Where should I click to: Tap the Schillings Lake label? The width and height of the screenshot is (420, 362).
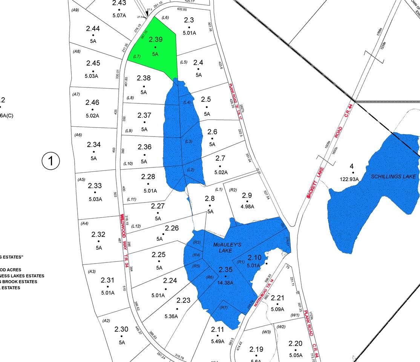(394, 176)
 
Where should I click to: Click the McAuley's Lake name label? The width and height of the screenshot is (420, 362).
(227, 247)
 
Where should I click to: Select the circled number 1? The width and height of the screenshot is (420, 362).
(51, 161)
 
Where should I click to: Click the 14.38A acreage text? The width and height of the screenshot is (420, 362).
(226, 282)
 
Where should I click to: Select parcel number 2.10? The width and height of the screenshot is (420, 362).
(254, 258)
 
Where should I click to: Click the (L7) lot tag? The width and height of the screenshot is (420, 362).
(137, 56)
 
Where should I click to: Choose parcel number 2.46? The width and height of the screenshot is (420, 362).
(92, 102)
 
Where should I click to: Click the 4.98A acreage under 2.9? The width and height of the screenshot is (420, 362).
(247, 206)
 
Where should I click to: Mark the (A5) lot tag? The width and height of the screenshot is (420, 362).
(81, 179)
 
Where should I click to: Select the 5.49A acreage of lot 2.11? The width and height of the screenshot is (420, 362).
(217, 341)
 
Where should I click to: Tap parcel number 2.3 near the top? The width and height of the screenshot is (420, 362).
(189, 20)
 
